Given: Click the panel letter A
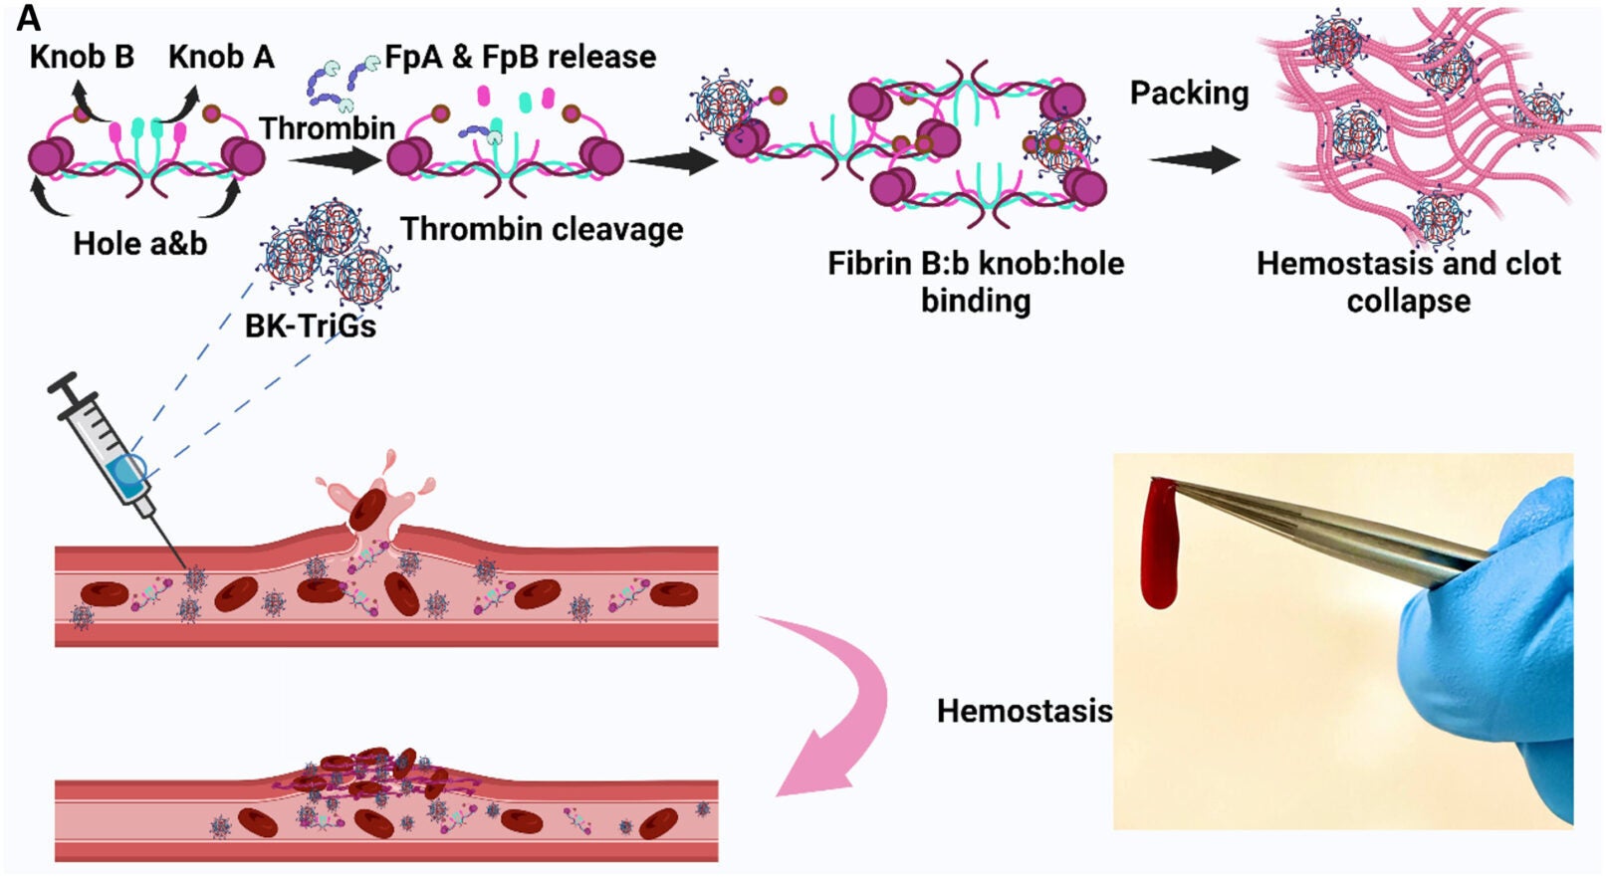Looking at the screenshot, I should [x=28, y=18].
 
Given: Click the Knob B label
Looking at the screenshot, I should [x=82, y=57].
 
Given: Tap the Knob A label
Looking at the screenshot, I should [x=221, y=57].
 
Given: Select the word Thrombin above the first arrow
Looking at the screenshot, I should [x=327, y=128].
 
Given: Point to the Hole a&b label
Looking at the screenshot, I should [x=139, y=243].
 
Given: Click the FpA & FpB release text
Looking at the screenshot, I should [x=520, y=57].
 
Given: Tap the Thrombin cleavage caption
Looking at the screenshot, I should [x=542, y=229].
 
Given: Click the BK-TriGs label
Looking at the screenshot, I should [x=310, y=326].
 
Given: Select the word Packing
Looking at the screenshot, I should [x=1189, y=93].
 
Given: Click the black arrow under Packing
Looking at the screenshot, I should [x=1194, y=159].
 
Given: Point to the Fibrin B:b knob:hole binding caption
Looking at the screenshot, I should [x=975, y=282].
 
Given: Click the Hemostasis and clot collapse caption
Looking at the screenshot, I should [x=1408, y=282].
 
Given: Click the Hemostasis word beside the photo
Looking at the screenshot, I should [x=1024, y=711].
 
